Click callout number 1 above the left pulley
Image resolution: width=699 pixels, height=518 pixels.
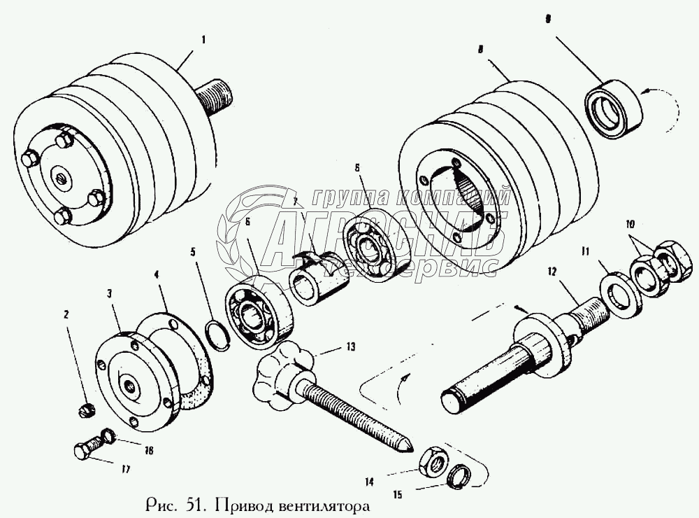pos(203,40)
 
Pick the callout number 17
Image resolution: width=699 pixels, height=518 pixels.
pos(125,470)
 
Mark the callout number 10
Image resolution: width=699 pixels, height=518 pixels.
pos(630,225)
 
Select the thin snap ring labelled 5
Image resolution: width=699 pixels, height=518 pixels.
pos(218,332)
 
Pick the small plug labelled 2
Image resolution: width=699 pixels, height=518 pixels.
pos(87,409)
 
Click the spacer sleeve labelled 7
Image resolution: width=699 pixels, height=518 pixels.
pos(318,278)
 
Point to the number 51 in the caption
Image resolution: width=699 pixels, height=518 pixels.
pos(196,503)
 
